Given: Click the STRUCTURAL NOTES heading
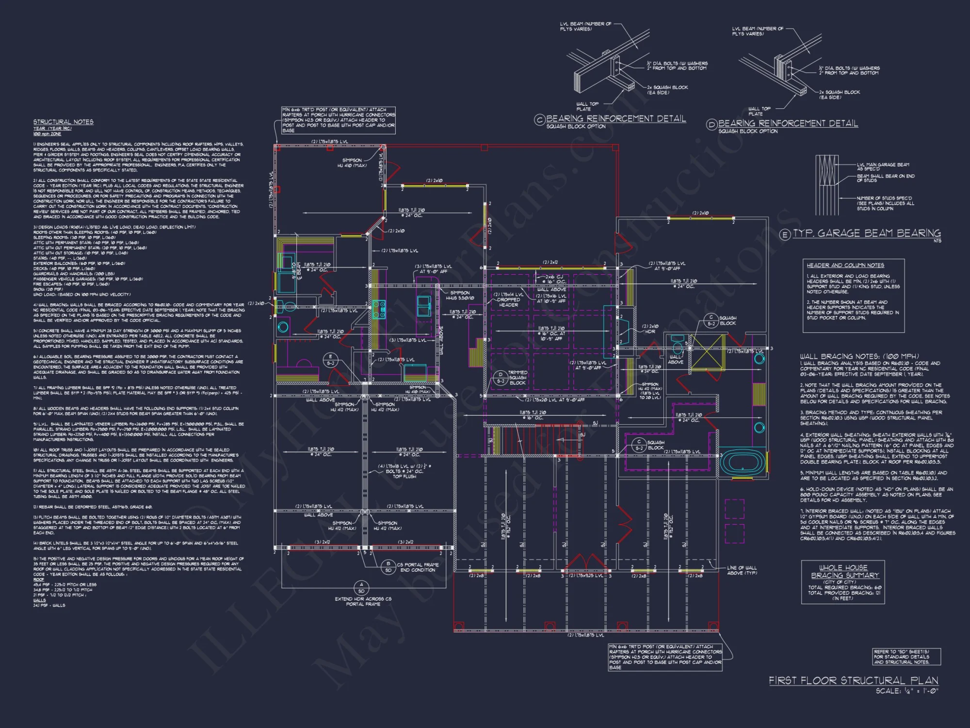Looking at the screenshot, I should (x=63, y=122).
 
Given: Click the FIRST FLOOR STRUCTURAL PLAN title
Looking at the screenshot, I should (x=853, y=680).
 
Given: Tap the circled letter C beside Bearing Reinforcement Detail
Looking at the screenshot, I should (x=539, y=120).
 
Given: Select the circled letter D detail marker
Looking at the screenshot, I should (x=711, y=125).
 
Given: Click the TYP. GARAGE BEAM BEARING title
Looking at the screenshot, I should (x=867, y=233).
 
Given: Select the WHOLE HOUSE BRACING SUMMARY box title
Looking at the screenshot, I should (x=843, y=571).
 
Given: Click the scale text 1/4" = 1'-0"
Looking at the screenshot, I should (x=907, y=691).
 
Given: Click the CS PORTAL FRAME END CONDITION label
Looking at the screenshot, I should (x=418, y=567).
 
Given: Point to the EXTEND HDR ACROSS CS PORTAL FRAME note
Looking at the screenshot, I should (x=363, y=601).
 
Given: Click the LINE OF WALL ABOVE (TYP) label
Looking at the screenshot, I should (x=742, y=570).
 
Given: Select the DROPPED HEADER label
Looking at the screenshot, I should (x=508, y=302).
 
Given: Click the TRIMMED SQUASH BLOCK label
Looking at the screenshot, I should (x=517, y=378).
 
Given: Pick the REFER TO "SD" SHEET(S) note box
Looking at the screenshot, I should (x=906, y=657).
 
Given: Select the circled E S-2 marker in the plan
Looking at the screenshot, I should (x=330, y=360).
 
